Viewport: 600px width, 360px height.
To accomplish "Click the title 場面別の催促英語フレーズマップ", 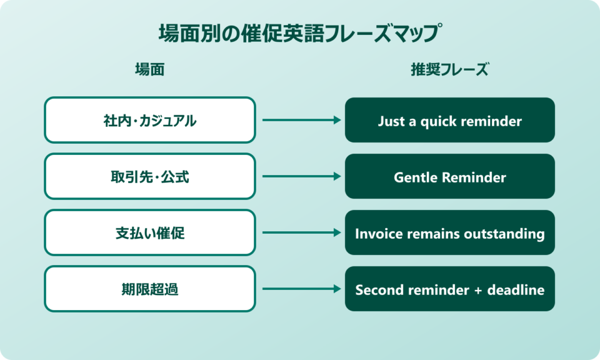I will [x=299, y=33].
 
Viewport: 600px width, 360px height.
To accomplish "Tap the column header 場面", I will [x=149, y=70].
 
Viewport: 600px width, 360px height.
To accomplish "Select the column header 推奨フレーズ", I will [x=449, y=70].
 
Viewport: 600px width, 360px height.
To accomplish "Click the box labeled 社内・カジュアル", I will [x=149, y=120].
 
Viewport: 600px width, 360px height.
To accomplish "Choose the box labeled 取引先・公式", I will [x=149, y=176].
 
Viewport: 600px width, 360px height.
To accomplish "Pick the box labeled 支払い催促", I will [x=149, y=232].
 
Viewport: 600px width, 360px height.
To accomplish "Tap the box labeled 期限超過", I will [x=149, y=289].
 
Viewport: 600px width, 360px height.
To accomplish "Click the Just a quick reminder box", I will [x=449, y=120].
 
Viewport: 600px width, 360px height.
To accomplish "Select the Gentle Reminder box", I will [x=449, y=176].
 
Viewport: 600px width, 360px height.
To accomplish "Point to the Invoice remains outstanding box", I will [x=449, y=232].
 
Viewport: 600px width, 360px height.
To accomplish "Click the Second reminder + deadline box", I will [x=449, y=289].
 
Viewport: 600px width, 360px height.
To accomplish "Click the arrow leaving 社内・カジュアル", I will [x=300, y=120].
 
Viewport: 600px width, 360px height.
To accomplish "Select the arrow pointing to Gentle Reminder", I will [x=300, y=176].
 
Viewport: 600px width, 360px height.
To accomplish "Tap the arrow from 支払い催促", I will [x=300, y=232].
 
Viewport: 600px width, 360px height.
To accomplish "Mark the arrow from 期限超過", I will [x=300, y=289].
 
